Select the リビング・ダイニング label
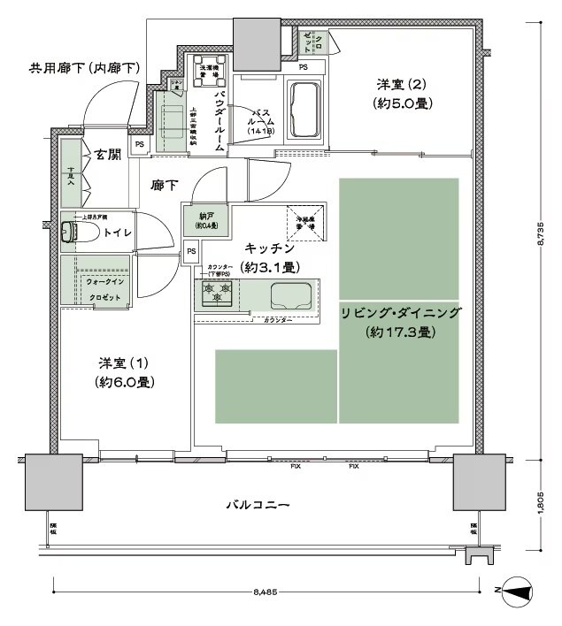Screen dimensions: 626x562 400,313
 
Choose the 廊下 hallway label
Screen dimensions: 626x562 165,186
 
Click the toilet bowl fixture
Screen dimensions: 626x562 73,233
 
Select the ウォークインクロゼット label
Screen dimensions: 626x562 104,289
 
